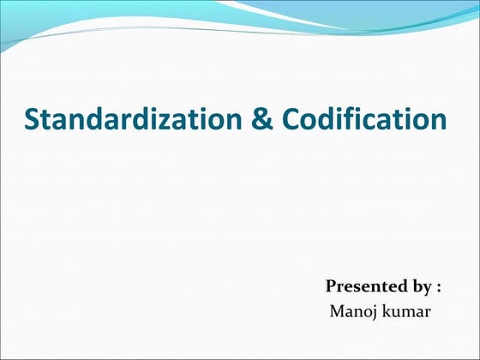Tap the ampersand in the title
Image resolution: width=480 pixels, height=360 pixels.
tap(262, 119)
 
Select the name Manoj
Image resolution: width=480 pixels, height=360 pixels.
tap(351, 309)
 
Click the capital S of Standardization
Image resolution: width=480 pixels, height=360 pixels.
tap(34, 119)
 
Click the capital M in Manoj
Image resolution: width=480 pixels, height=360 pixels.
tap(338, 309)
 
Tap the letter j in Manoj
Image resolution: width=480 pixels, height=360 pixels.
tap(370, 310)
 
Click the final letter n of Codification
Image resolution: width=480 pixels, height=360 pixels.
tap(437, 121)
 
